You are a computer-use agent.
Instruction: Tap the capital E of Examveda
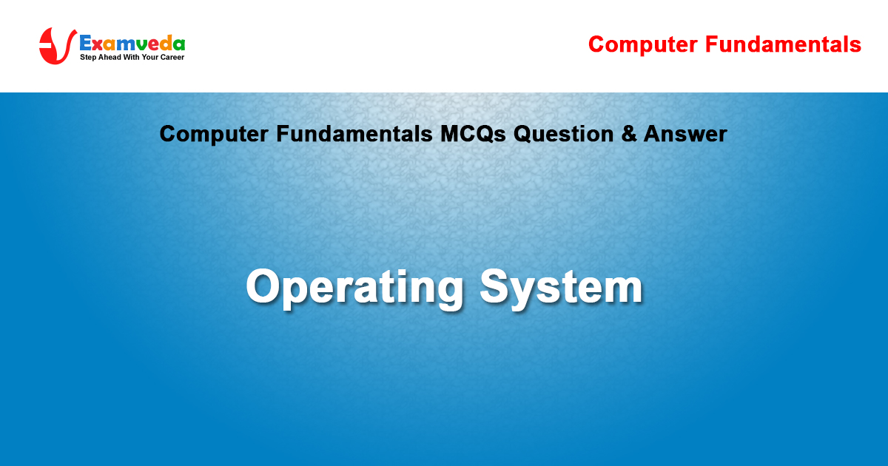coord(85,43)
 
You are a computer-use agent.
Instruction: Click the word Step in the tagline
coord(88,58)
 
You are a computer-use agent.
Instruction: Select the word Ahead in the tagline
coord(110,57)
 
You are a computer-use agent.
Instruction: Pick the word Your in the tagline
coord(149,57)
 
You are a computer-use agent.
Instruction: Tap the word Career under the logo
coord(172,57)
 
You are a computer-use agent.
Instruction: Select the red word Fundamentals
coord(783,44)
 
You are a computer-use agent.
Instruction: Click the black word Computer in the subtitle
coord(214,135)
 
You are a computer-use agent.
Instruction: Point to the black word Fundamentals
coord(354,134)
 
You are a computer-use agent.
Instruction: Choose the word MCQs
coord(473,134)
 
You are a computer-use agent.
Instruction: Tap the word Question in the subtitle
coord(564,134)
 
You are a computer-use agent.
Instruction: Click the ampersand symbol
coord(629,134)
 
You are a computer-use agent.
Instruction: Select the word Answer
coord(685,134)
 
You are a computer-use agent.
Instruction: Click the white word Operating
coord(354,288)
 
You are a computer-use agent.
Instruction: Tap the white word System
coord(561,288)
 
